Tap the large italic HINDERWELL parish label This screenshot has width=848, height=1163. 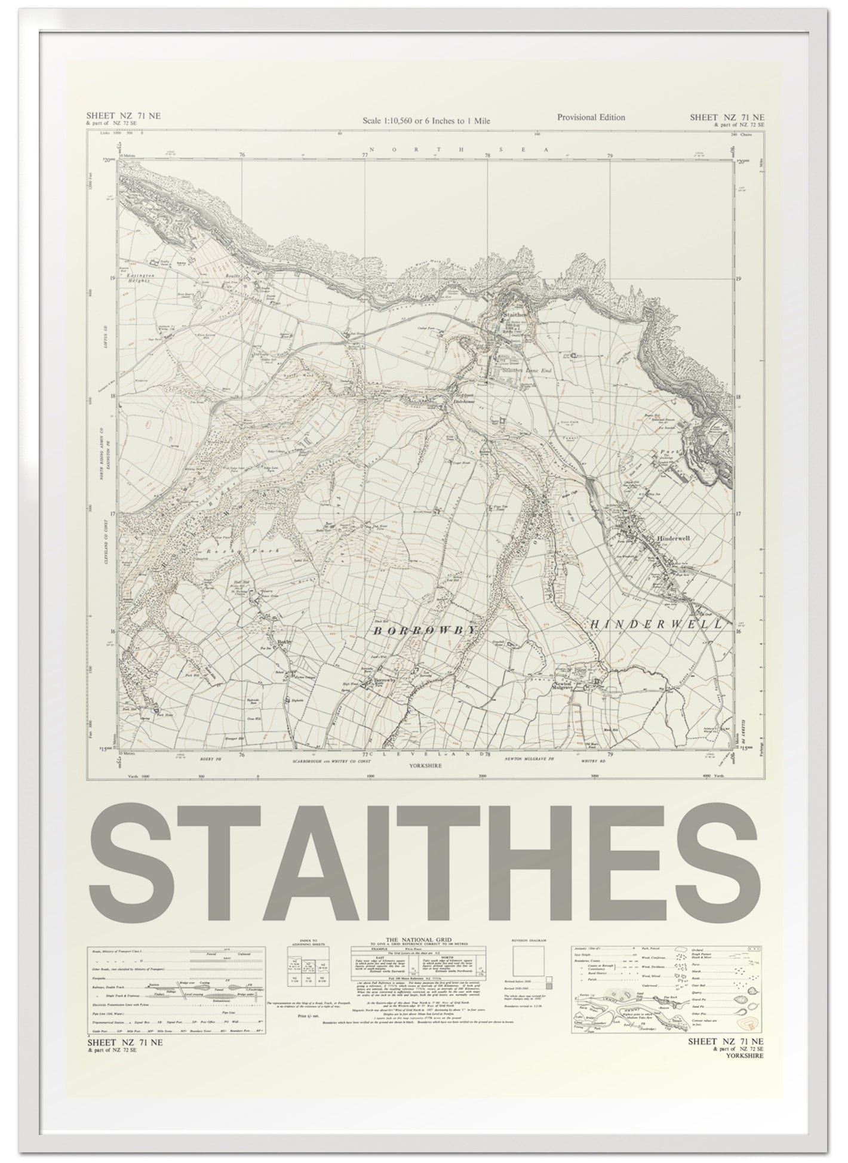655,623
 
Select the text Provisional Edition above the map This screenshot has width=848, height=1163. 591,117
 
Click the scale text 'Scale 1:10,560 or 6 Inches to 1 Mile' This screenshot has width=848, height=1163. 426,121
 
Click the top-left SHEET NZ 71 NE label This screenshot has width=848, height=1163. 123,116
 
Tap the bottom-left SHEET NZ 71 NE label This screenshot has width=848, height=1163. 124,1042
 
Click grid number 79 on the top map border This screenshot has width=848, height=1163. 610,156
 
